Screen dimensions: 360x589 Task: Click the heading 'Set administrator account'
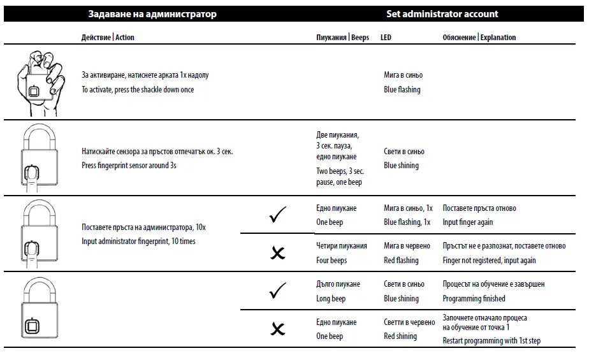point(442,13)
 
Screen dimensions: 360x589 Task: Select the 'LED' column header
point(386,38)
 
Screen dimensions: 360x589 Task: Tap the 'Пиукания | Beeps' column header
point(342,38)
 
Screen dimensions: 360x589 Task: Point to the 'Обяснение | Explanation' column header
point(479,38)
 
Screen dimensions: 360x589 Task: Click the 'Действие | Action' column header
point(108,38)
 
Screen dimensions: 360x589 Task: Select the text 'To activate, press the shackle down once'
point(138,90)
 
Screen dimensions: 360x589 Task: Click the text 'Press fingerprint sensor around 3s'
point(129,165)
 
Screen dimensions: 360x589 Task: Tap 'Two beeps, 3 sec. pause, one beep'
point(340,176)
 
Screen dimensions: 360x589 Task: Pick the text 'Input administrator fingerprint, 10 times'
point(138,241)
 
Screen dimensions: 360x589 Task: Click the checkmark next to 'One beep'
point(278,215)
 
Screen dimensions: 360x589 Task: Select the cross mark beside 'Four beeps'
point(278,253)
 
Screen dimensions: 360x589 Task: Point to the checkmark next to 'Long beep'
point(278,291)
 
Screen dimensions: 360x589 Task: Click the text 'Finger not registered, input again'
point(489,260)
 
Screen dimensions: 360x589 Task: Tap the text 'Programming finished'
point(474,298)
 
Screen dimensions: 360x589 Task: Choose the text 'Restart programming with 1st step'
point(491,341)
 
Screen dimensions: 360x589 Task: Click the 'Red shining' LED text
point(400,336)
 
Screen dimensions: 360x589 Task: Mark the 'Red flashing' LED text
point(401,260)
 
